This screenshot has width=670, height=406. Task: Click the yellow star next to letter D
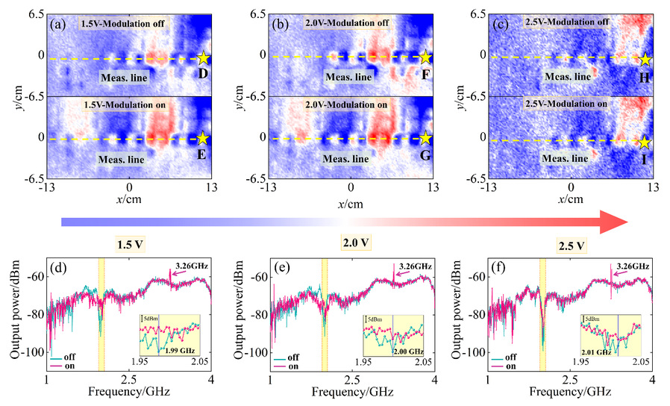tap(204, 57)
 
